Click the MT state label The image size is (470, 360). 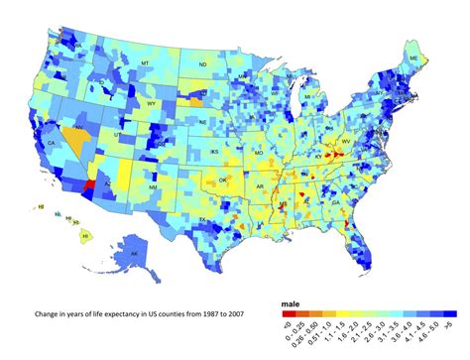coord(145,62)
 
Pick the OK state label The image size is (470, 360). coord(224,180)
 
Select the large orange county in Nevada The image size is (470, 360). coord(72,136)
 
